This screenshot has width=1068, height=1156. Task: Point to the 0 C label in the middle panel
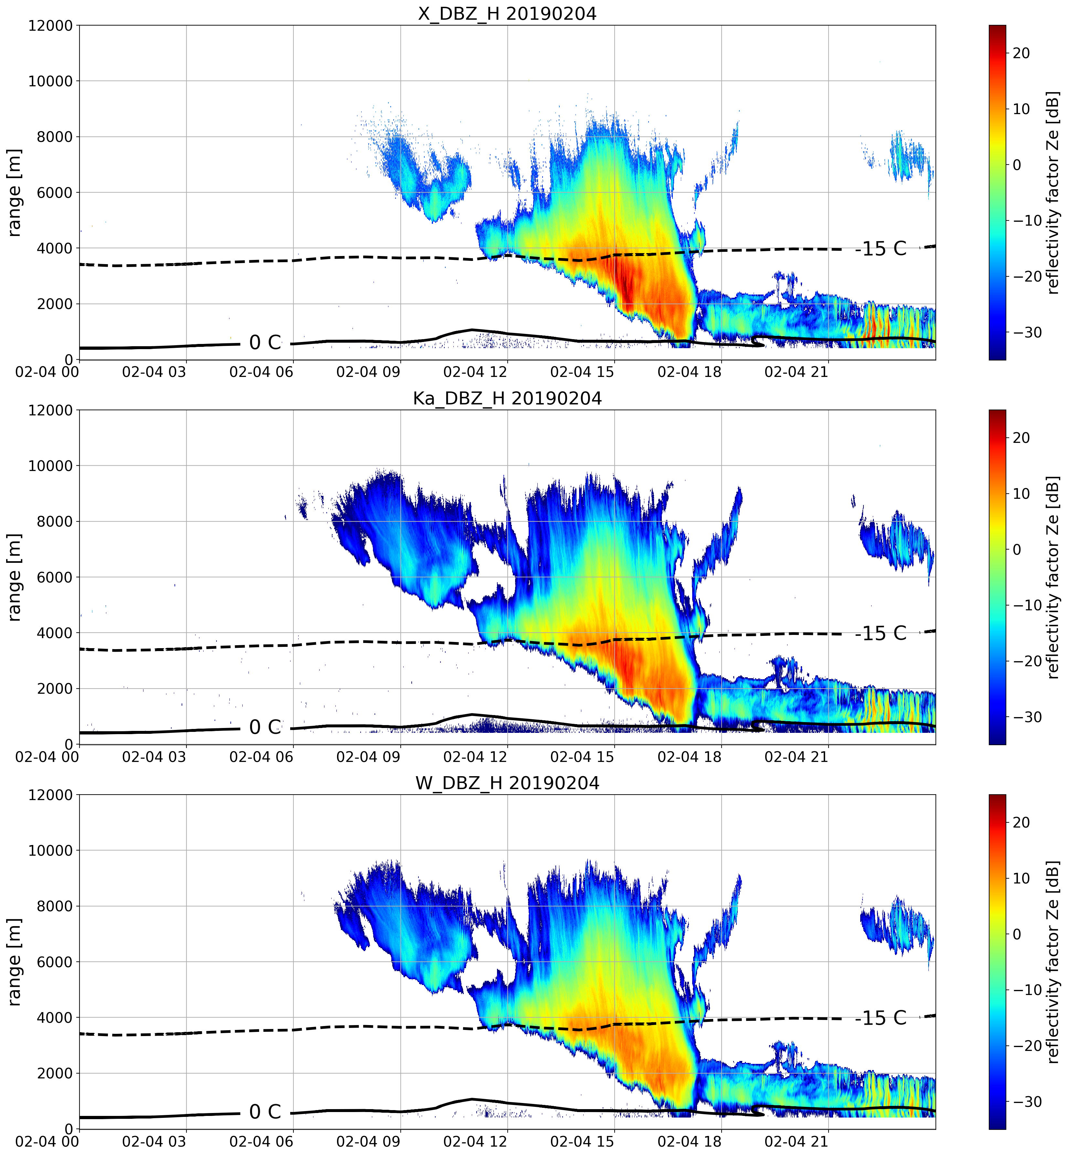click(265, 727)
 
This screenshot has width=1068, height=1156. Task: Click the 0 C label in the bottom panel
click(265, 1111)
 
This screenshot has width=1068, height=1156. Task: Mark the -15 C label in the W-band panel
click(881, 1018)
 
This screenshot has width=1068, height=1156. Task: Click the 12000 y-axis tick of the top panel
click(50, 26)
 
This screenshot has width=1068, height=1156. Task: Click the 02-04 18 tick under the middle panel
click(690, 756)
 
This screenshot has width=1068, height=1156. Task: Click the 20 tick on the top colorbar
click(1021, 53)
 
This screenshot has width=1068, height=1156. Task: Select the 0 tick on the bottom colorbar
click(1017, 934)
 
